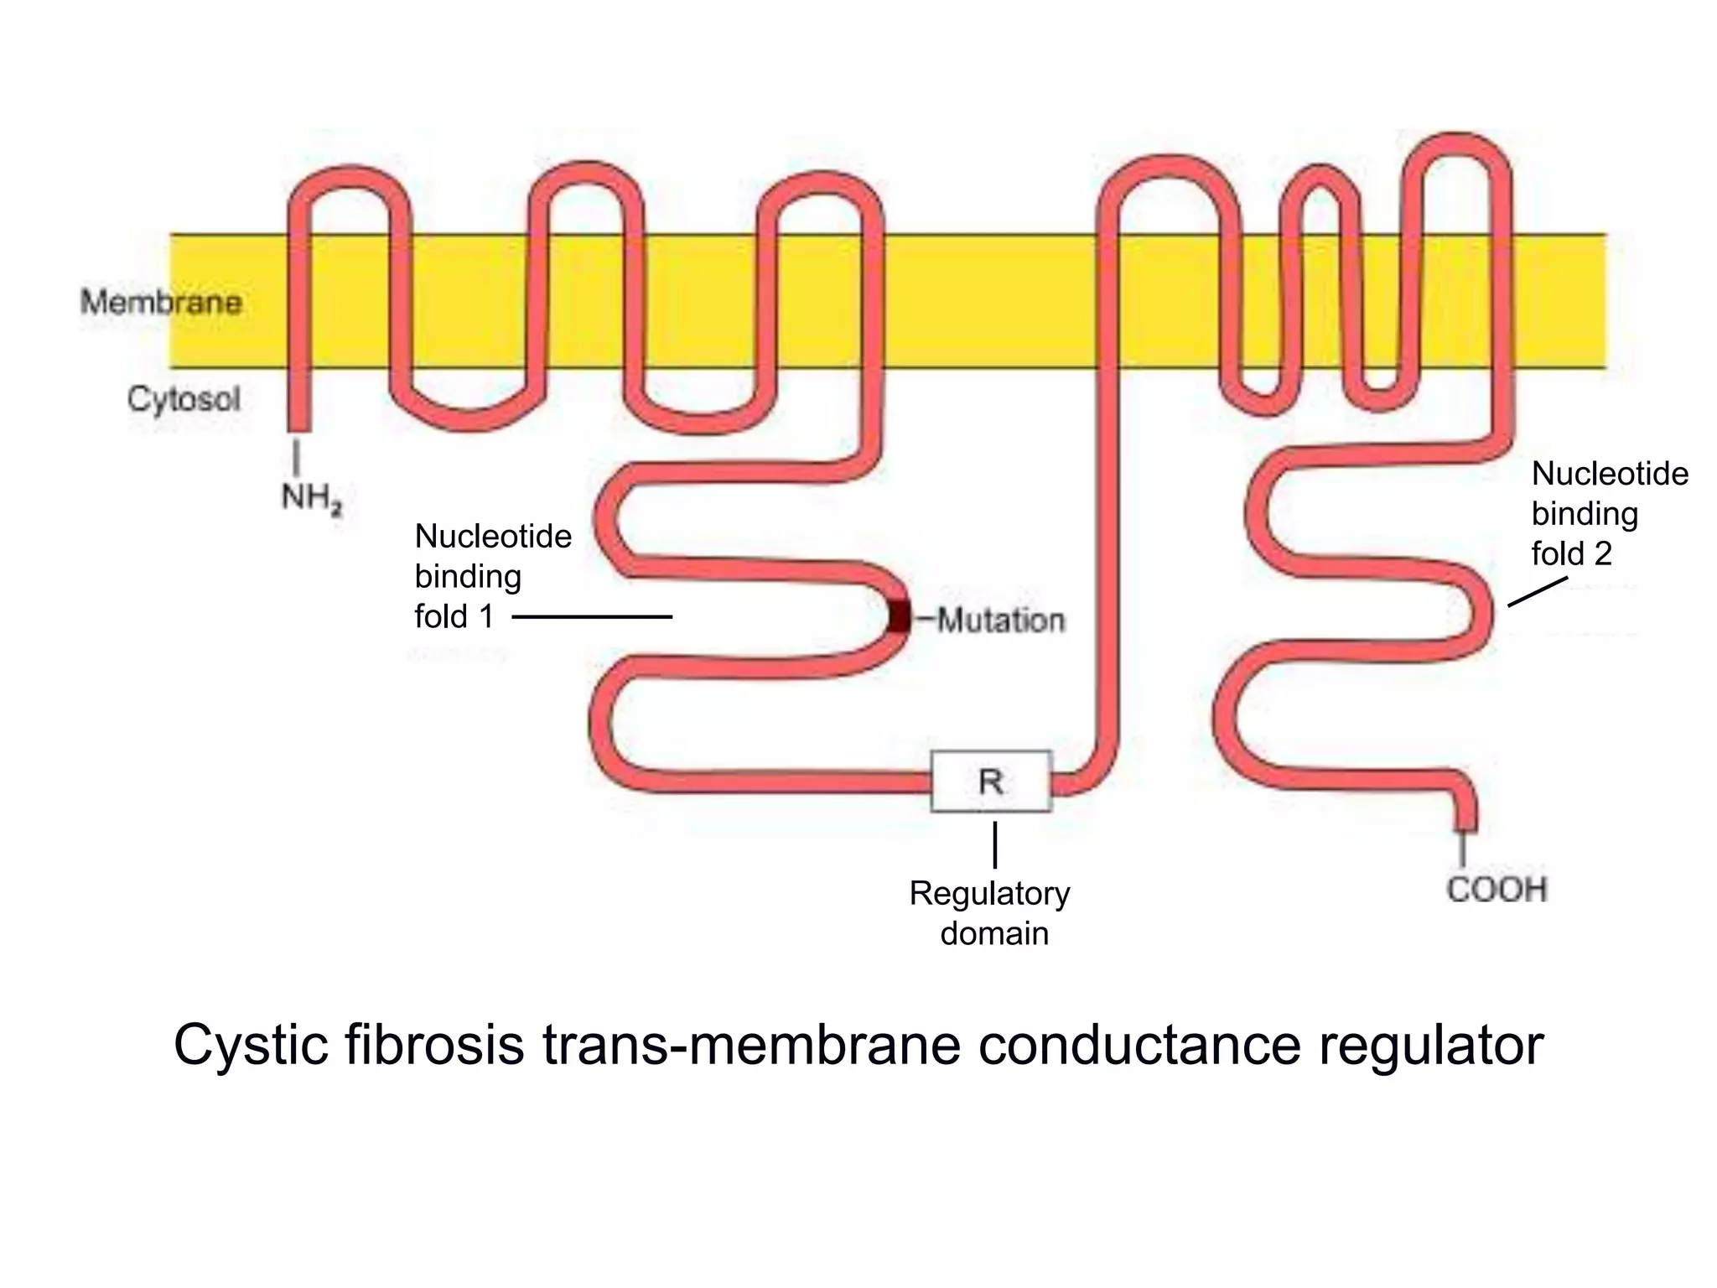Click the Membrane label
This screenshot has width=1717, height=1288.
161,302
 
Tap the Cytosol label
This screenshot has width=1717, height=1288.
184,399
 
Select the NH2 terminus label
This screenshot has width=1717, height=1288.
311,498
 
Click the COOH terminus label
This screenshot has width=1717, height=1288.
1497,890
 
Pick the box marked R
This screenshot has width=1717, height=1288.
991,782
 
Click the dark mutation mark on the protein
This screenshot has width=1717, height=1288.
900,616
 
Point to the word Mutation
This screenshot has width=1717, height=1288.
1000,621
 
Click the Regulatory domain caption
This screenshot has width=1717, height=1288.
991,913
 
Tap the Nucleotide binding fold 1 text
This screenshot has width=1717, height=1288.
492,576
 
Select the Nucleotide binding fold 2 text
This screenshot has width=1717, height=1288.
1609,513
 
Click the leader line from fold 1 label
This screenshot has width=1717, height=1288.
592,617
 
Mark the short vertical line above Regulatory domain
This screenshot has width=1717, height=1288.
995,844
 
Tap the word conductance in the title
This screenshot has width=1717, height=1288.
1139,1045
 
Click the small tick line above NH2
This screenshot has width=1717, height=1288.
295,458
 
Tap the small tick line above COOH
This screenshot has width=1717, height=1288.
1463,849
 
